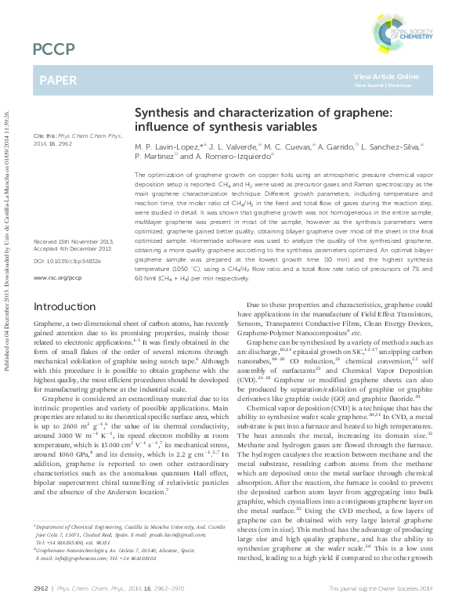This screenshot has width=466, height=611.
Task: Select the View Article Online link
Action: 386,76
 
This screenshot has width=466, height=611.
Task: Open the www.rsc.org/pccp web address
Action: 58,233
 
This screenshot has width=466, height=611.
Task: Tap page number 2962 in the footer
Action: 42,587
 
